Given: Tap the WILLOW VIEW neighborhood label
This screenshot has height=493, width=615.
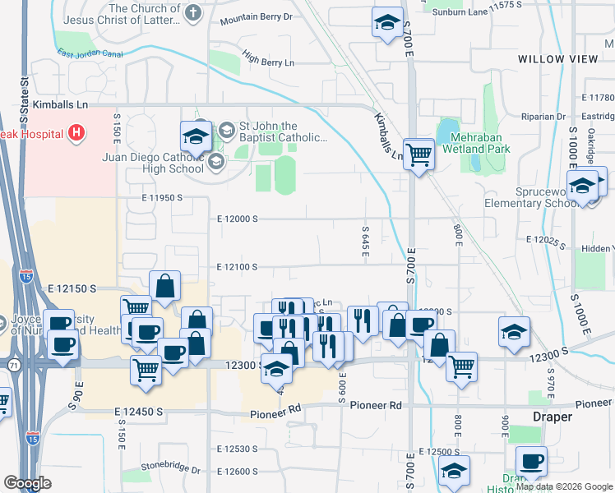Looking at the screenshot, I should pos(558,59).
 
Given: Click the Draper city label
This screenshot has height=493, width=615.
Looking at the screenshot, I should pos(551,417).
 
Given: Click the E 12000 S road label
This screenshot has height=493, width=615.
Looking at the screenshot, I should pos(238,219).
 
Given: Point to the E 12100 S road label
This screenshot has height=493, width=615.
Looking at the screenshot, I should pos(238,267).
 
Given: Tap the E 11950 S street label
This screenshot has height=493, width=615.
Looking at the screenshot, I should pos(150,198).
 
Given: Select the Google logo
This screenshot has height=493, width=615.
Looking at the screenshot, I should pos(28,483).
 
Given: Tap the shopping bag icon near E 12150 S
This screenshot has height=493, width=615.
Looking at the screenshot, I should pos(165,287).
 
